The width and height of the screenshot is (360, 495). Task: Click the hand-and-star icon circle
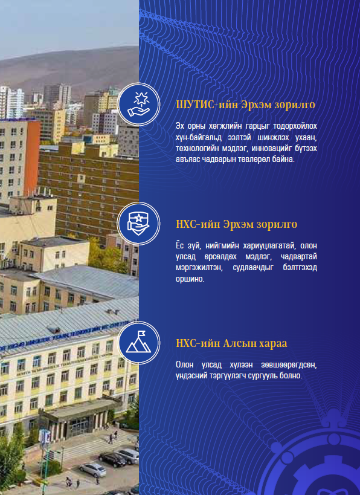[138, 104]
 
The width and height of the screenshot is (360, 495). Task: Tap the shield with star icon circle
[138, 224]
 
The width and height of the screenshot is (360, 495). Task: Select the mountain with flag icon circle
[138, 343]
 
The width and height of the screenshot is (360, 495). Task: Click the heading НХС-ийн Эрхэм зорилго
[237, 224]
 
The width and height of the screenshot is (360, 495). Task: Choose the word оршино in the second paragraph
[190, 279]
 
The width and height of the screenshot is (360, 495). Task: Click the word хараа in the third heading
[273, 343]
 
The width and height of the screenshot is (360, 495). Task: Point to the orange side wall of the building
[32, 158]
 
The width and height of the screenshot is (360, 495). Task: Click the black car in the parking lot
[112, 459]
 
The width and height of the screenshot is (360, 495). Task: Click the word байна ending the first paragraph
[283, 159]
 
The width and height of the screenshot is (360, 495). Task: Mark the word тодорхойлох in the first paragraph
[295, 126]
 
